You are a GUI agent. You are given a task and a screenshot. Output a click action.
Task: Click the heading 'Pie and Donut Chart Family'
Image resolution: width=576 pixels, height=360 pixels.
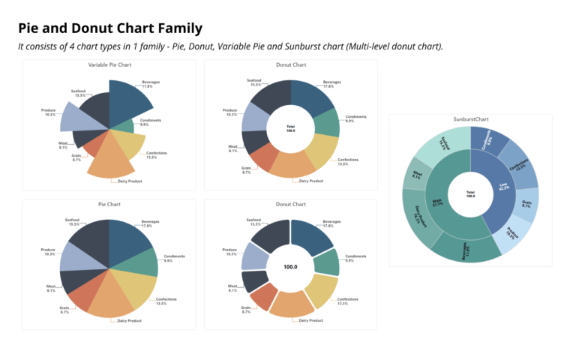pyautogui.click(x=110, y=28)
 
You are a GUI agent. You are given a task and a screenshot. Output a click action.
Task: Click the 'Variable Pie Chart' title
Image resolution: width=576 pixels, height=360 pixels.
pyautogui.click(x=109, y=66)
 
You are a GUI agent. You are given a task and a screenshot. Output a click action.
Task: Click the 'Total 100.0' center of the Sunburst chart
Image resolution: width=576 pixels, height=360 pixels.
pyautogui.click(x=470, y=194)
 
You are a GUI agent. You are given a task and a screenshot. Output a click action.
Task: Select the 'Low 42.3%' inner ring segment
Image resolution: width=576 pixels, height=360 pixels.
pyautogui.click(x=496, y=188)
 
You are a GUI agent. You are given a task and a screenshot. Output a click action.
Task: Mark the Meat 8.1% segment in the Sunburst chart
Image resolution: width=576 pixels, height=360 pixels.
pyautogui.click(x=415, y=175)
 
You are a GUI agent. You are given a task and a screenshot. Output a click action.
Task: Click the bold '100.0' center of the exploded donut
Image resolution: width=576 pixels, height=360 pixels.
pyautogui.click(x=290, y=266)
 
